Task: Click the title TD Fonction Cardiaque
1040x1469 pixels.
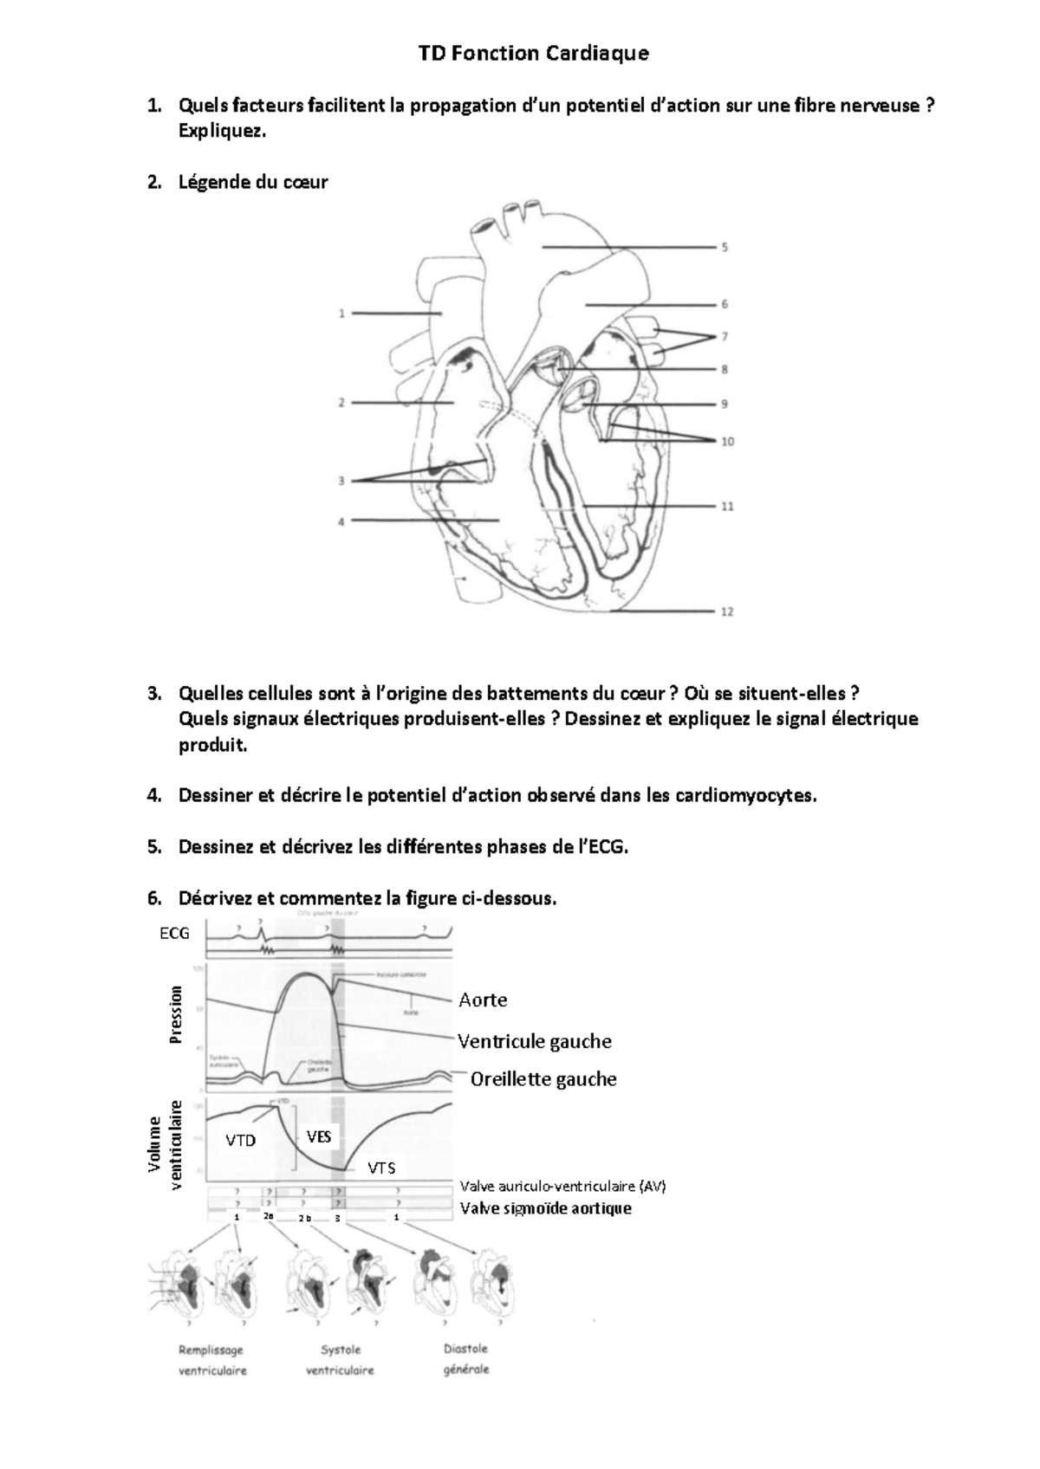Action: pyautogui.click(x=533, y=54)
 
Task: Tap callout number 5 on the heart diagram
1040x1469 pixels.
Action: pyautogui.click(x=725, y=247)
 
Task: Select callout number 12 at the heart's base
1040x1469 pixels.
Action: pyautogui.click(x=727, y=612)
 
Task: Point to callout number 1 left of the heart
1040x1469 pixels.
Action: pyautogui.click(x=342, y=314)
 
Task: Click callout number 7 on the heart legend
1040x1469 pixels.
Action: pyautogui.click(x=725, y=336)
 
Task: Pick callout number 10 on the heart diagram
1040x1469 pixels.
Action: pyautogui.click(x=727, y=441)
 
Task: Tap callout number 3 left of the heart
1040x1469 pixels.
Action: pyautogui.click(x=341, y=481)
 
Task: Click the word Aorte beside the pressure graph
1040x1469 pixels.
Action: pyautogui.click(x=483, y=1000)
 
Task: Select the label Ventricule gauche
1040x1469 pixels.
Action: pyautogui.click(x=535, y=1041)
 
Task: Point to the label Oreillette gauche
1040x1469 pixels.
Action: pyautogui.click(x=543, y=1079)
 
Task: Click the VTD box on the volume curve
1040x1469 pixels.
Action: pyautogui.click(x=241, y=1141)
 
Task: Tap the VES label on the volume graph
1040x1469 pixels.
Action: pyautogui.click(x=319, y=1136)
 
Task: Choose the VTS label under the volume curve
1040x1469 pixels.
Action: pyautogui.click(x=381, y=1168)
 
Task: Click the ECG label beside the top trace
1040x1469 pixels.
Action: pyautogui.click(x=174, y=933)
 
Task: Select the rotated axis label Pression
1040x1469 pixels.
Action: pyautogui.click(x=177, y=1014)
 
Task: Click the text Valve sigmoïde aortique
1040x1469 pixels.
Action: pyautogui.click(x=545, y=1208)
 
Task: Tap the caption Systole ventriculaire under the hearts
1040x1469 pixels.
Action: pyautogui.click(x=340, y=1360)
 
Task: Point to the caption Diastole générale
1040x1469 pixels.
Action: pyautogui.click(x=466, y=1359)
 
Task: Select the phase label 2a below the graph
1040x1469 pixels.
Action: pyautogui.click(x=268, y=1217)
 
